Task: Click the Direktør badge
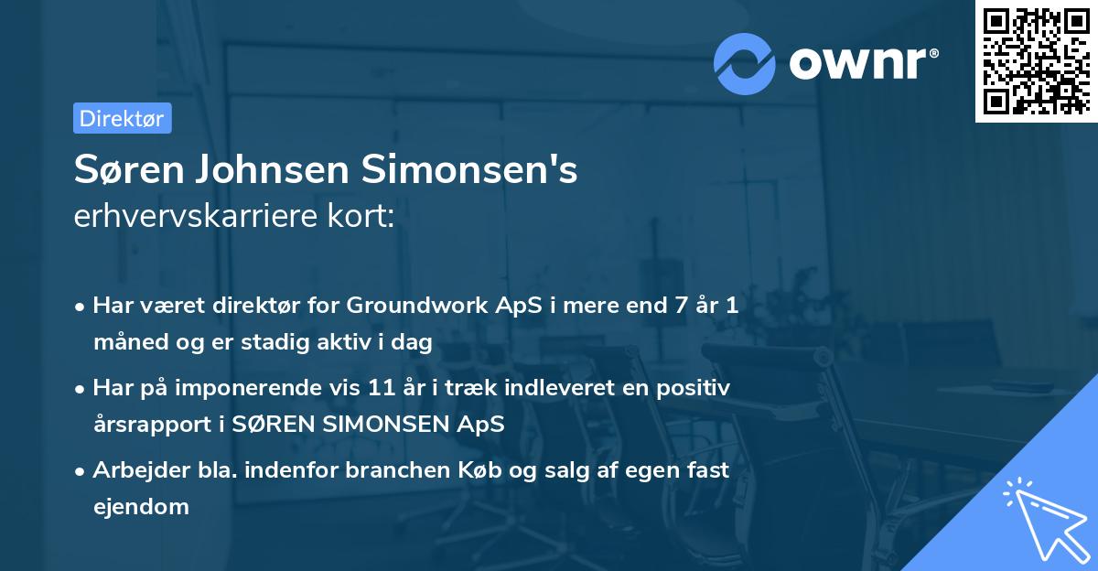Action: tap(122, 118)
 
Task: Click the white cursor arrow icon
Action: tap(1042, 517)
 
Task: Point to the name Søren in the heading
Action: tap(121, 171)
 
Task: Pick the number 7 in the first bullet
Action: tap(681, 306)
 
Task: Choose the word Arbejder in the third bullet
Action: tap(134, 469)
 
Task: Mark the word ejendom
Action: tap(141, 506)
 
